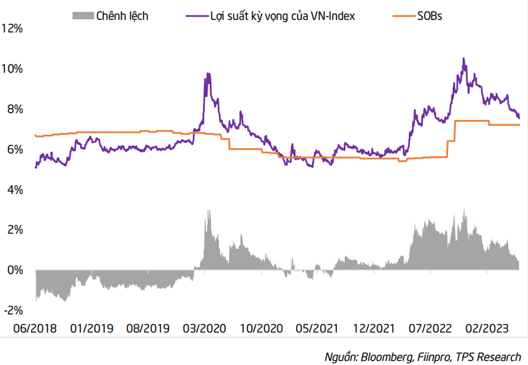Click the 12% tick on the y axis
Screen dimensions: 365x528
click(14, 28)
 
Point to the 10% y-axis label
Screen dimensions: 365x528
click(14, 68)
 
